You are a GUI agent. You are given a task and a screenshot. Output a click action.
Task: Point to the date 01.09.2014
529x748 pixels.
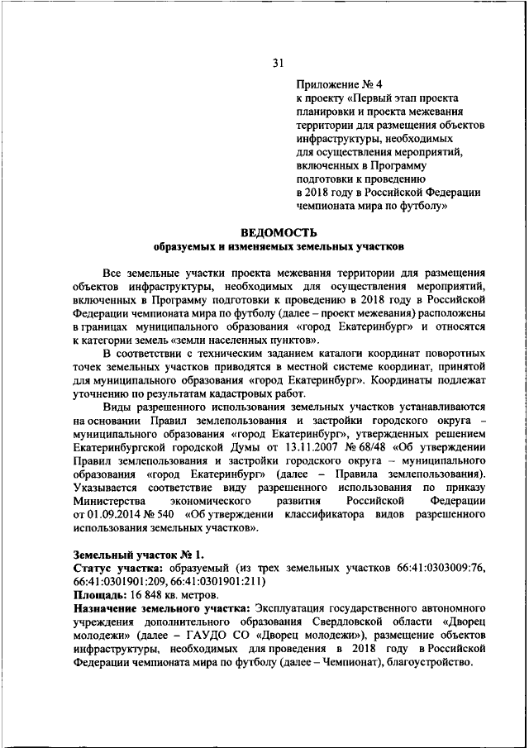point(102,514)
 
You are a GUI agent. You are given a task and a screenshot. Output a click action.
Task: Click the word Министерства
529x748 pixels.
point(113,501)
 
